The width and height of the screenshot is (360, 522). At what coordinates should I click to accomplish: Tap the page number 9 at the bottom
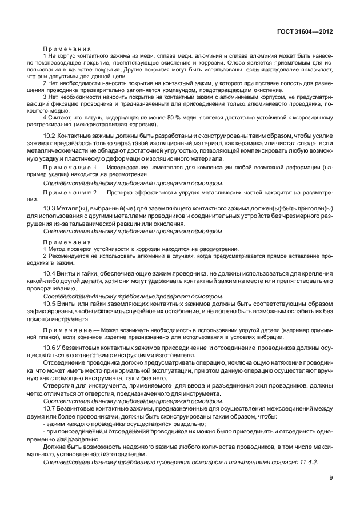(330, 479)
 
